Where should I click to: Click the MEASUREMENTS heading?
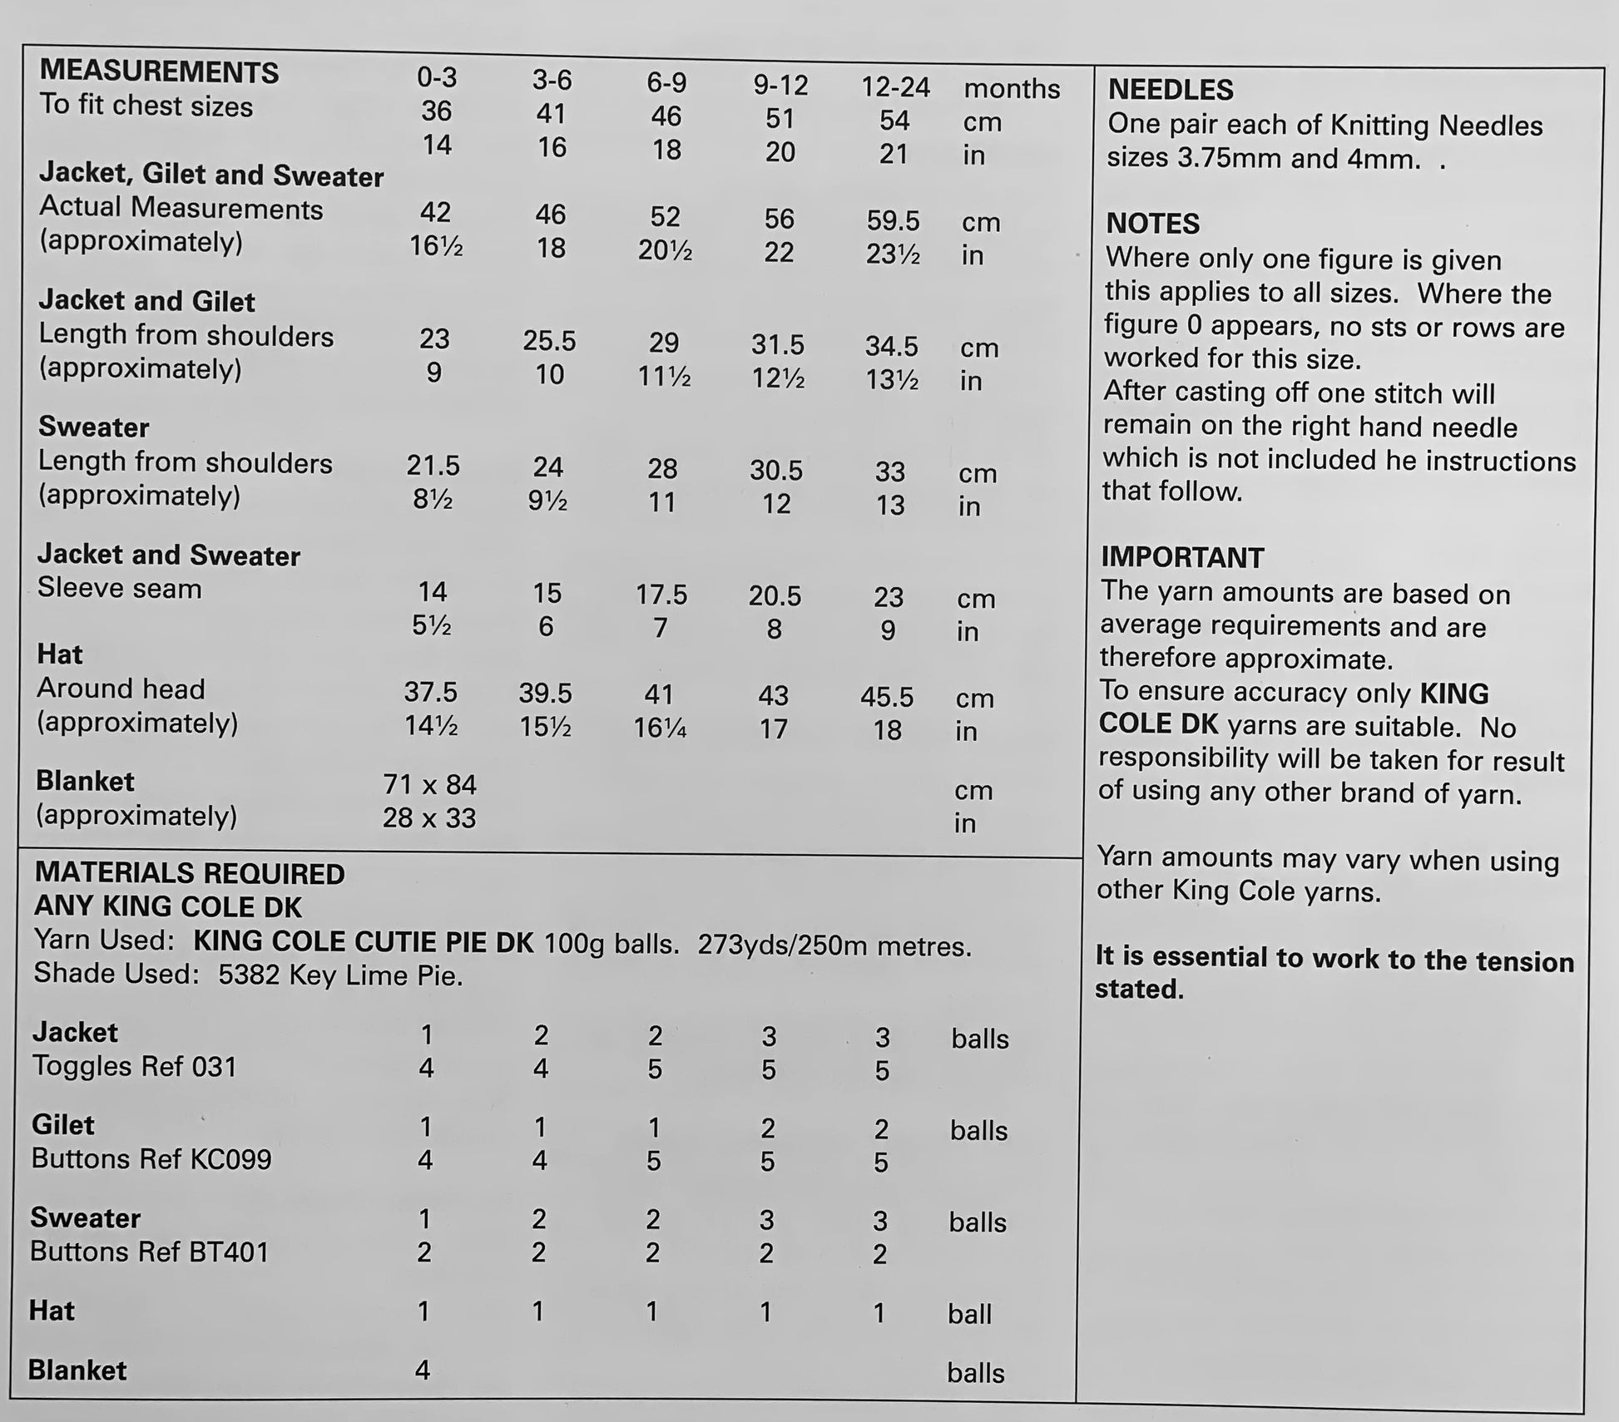(x=159, y=72)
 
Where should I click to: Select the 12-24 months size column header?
(x=895, y=87)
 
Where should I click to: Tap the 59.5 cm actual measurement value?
(x=893, y=221)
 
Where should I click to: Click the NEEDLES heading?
(x=1171, y=90)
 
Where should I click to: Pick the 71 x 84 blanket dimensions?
(x=429, y=784)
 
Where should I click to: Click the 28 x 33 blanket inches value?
(x=429, y=818)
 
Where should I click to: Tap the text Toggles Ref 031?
(x=134, y=1066)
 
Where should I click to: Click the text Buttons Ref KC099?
(x=151, y=1159)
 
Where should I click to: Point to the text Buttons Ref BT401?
(x=150, y=1252)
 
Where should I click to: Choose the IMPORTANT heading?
(x=1182, y=558)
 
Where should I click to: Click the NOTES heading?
(x=1152, y=224)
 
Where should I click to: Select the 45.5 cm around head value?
(x=887, y=697)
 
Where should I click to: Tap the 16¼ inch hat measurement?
(x=660, y=728)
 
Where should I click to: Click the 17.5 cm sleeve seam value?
(x=661, y=595)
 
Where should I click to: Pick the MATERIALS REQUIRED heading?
(x=190, y=873)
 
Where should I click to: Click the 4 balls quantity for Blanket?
(x=423, y=1369)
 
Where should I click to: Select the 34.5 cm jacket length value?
(x=891, y=346)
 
